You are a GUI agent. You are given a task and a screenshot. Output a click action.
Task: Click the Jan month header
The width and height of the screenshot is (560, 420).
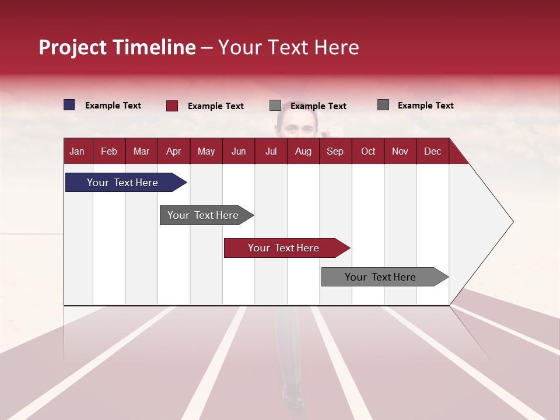[77, 152]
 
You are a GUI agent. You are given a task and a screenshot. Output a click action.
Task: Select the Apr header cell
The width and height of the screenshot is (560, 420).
[173, 152]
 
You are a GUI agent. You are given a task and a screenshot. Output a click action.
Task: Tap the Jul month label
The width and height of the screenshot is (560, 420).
[271, 152]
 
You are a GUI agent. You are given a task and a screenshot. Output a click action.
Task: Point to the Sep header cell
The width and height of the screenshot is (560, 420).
[335, 152]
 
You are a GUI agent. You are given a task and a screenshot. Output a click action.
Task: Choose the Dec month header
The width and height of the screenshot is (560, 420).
[432, 152]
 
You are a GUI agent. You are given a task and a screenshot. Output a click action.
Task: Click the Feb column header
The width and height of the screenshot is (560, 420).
[109, 152]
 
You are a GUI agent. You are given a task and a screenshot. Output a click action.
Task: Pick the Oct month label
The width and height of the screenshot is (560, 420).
[368, 152]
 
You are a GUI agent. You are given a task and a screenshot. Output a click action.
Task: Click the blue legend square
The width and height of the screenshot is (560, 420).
[69, 105]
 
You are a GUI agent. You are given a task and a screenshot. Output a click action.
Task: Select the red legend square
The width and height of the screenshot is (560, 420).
[172, 106]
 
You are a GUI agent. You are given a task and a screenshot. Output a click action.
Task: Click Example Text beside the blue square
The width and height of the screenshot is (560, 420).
[113, 106]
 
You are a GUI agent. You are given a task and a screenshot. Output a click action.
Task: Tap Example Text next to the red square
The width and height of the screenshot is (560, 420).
[216, 106]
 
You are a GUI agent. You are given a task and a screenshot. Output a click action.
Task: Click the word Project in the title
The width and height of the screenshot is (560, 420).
[72, 47]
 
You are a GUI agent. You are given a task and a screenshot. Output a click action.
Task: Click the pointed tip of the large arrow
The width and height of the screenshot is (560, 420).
[512, 222]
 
